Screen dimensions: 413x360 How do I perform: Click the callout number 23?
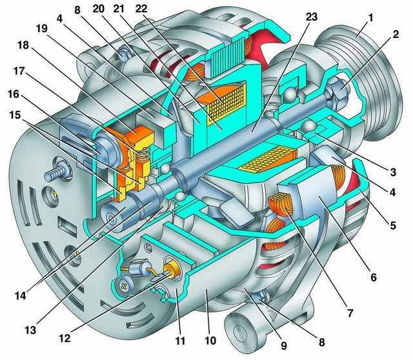tap(311, 17)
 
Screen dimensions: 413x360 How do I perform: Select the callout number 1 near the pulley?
tap(370, 19)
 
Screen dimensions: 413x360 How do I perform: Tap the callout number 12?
tap(65, 338)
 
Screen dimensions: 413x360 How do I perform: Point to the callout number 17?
tap(19, 72)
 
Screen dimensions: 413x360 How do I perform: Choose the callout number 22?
tap(142, 9)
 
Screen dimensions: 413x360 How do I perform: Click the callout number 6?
tap(374, 277)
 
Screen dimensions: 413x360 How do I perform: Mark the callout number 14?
tap(20, 295)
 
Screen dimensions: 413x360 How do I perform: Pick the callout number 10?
tap(210, 341)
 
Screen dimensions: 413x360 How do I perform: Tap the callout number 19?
tap(41, 28)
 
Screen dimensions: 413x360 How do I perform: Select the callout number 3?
tap(393, 172)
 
